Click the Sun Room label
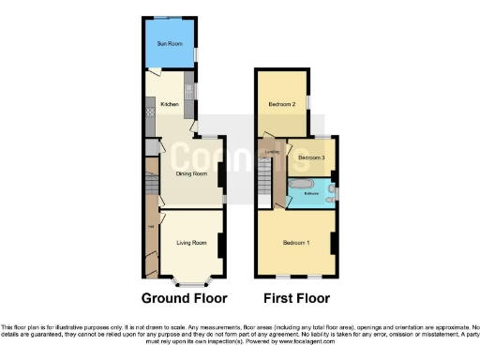coord(170,43)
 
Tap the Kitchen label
coord(170,105)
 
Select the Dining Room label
coord(191,173)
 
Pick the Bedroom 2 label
coord(282,104)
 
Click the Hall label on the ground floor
coord(150,223)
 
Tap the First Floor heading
coord(296,299)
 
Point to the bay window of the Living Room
coord(191,280)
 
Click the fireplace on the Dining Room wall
coord(220,175)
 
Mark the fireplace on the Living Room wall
coord(220,245)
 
